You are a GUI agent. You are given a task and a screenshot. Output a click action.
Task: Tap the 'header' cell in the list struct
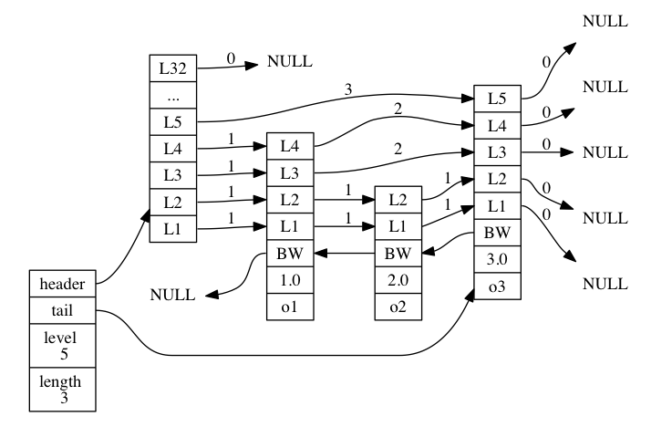[x=62, y=284]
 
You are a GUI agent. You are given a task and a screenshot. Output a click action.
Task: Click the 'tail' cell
[x=62, y=311]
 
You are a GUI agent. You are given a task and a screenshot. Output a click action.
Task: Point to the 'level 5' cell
[x=62, y=345]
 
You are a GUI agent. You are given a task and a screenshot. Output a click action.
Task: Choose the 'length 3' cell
[x=62, y=388]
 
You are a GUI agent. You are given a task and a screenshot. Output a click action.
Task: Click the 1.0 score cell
[x=289, y=279]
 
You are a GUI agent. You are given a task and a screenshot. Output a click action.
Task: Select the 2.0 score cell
[x=398, y=279]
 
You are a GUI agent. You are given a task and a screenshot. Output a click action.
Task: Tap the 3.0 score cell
[x=497, y=258]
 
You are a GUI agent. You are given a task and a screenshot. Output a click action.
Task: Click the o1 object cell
[x=289, y=307]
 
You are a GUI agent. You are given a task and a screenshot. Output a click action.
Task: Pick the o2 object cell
[x=398, y=307]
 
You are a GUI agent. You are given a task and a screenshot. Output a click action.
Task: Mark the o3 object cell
[x=497, y=286]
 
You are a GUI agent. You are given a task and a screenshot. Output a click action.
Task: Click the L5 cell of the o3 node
[x=497, y=97]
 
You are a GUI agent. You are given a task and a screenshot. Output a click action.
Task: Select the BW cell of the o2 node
[x=398, y=253]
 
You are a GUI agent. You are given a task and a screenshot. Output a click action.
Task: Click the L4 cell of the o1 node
[x=289, y=146]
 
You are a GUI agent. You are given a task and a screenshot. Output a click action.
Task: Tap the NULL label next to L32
[x=289, y=63]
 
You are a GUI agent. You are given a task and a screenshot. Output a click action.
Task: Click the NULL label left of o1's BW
[x=172, y=295]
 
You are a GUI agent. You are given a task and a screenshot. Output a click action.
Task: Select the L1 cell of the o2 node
[x=398, y=225]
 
